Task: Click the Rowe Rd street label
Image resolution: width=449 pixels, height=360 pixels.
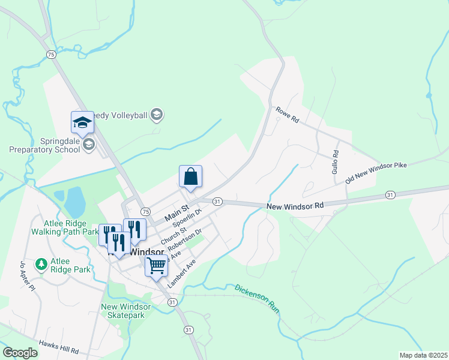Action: (287, 115)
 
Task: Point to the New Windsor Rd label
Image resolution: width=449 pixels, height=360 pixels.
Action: (295, 206)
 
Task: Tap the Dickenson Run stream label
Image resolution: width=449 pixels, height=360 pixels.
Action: (257, 298)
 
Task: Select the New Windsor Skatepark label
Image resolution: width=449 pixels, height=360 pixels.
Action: (126, 311)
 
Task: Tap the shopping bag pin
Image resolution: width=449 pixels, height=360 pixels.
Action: (190, 176)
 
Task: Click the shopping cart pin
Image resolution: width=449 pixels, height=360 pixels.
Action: (156, 265)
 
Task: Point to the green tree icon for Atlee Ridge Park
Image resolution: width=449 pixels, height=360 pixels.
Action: (41, 264)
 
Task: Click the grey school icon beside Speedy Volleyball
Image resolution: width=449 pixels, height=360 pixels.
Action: (157, 114)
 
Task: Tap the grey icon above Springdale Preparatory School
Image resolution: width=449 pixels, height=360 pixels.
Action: (89, 144)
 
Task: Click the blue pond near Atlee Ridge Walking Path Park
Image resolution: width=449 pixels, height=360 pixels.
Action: (75, 202)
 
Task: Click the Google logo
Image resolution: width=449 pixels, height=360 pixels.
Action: (20, 353)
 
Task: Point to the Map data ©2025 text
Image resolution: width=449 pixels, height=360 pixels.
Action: (423, 355)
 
